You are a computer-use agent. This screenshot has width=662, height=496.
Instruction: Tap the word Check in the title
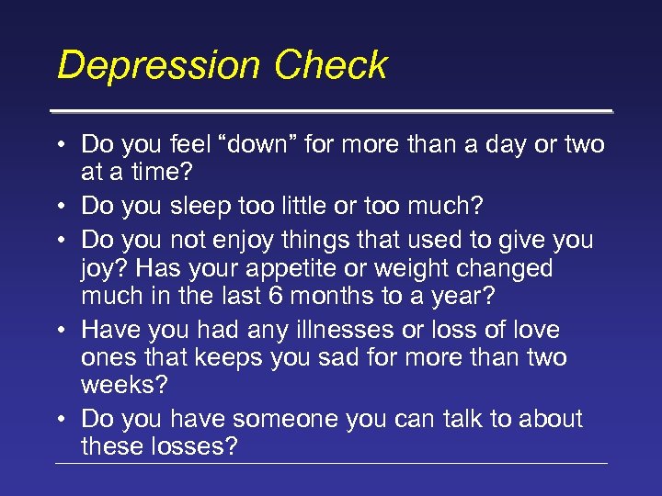click(x=331, y=66)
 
